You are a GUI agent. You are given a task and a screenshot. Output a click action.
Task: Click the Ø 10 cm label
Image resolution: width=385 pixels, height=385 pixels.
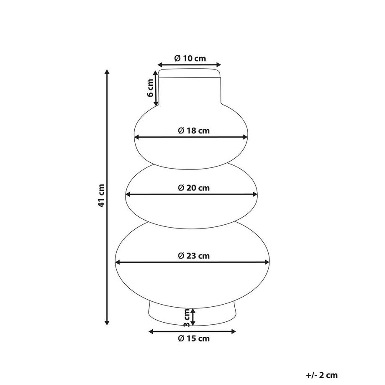pyautogui.click(x=190, y=59)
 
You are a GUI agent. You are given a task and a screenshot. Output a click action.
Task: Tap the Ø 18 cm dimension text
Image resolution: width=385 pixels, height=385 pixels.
pyautogui.click(x=194, y=131)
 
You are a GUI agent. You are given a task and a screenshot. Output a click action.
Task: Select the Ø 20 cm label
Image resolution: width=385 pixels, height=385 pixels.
pyautogui.click(x=194, y=188)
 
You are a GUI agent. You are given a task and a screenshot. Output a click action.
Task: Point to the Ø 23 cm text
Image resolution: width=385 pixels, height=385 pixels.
pyautogui.click(x=194, y=256)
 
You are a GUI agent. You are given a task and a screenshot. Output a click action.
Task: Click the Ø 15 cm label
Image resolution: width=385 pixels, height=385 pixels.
pyautogui.click(x=194, y=339)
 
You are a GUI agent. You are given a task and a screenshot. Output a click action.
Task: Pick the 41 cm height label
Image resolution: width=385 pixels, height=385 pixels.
pyautogui.click(x=101, y=195)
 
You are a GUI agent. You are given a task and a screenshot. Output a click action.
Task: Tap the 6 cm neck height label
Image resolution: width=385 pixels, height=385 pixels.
pyautogui.click(x=150, y=88)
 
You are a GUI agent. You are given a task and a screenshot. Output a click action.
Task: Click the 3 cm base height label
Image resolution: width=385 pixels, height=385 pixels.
pyautogui.click(x=187, y=318)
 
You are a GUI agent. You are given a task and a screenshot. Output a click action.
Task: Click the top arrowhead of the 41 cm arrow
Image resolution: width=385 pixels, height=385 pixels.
pyautogui.click(x=107, y=72)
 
